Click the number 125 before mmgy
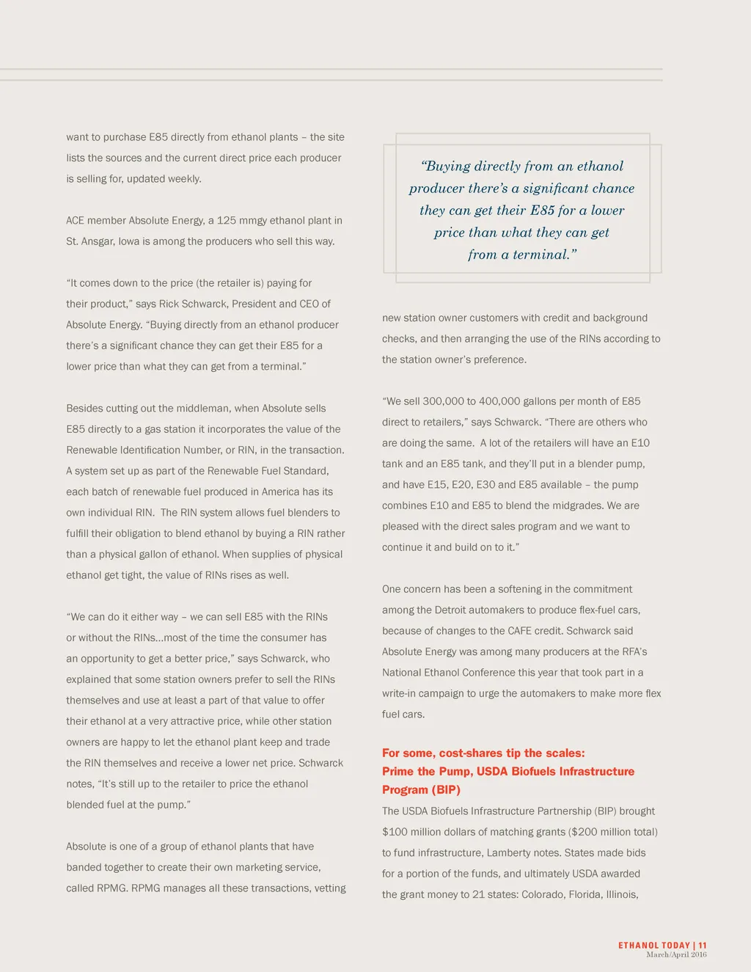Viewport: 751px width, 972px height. click(x=226, y=221)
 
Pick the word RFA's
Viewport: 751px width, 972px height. click(x=631, y=652)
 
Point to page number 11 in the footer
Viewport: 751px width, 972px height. click(x=703, y=946)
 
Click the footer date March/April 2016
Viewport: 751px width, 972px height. click(x=676, y=954)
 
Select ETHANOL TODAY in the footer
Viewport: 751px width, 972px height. click(x=654, y=946)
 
